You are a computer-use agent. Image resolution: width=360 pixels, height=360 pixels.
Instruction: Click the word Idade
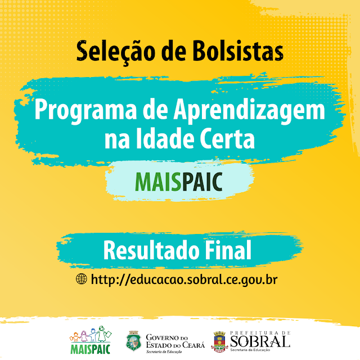pos(164,138)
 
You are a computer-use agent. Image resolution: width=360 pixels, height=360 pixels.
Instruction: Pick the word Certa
pos(227,138)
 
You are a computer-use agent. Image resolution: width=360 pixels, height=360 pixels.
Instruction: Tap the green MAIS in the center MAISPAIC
pos(158,182)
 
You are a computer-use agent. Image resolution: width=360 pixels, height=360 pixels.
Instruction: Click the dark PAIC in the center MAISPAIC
pos(202,182)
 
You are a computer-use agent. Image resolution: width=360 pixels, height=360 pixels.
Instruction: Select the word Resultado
pos(151,250)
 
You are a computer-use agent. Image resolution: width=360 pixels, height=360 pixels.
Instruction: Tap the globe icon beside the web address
pos(82,279)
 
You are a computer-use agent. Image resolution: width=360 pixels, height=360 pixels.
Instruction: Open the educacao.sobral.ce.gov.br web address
pos(184,280)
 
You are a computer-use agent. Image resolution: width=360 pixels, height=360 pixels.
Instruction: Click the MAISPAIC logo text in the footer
pos(91,349)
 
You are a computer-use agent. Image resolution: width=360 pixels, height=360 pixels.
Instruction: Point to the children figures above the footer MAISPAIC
pos(91,334)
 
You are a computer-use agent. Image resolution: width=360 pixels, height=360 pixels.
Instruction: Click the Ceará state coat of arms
pos(134,341)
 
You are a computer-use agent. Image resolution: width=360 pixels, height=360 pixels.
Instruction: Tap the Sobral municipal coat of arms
pos(219,341)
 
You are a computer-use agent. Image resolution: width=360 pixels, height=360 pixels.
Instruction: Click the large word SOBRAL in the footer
pos(260,341)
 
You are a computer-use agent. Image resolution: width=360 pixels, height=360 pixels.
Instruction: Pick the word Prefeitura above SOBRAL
pos(254,332)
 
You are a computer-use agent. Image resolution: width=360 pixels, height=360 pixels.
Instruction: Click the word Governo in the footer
pos(162,337)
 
